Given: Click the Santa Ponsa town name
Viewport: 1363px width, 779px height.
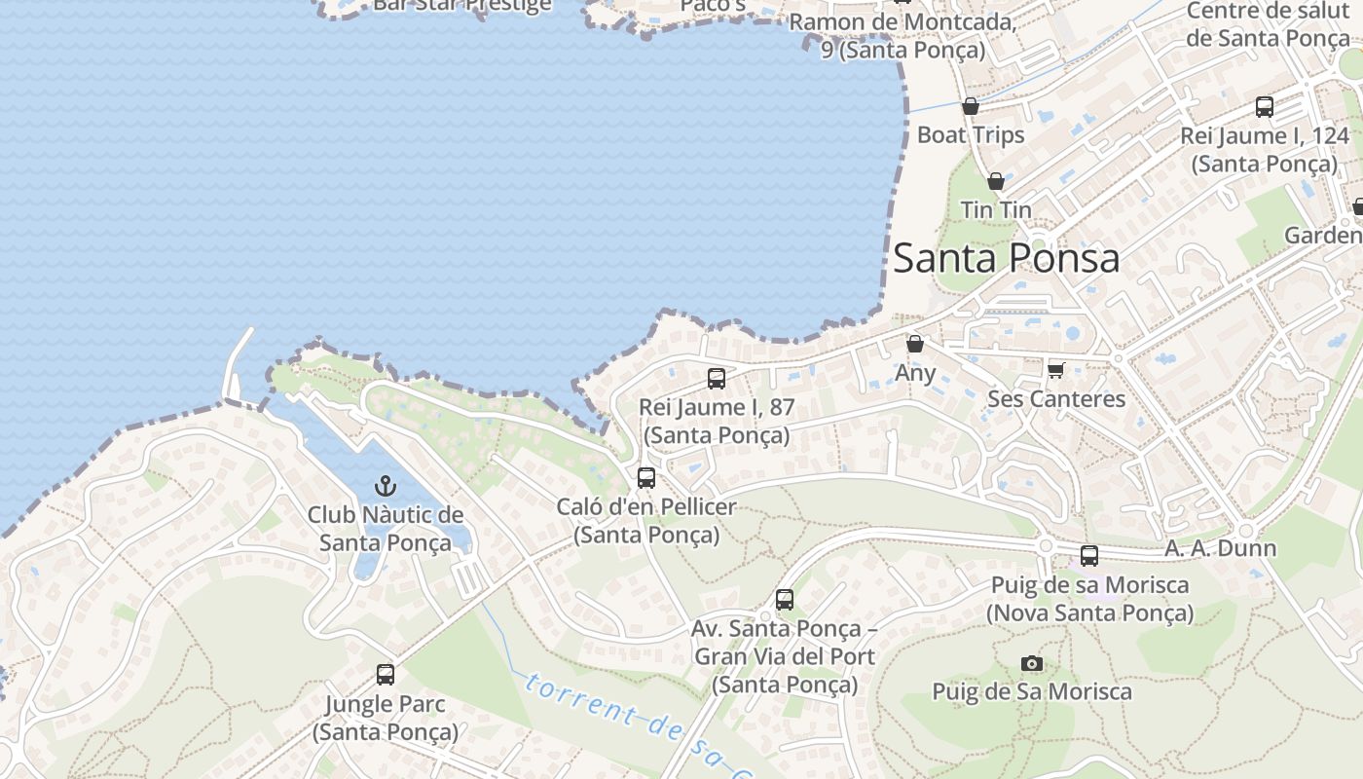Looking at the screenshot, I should [1006, 258].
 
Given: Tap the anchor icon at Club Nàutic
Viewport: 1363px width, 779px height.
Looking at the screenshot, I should [386, 485].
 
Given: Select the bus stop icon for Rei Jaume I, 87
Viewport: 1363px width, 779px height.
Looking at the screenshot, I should [717, 379].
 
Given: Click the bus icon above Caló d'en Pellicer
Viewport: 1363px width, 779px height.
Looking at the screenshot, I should [645, 478].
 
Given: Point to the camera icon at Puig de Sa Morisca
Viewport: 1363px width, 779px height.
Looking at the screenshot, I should [1032, 664].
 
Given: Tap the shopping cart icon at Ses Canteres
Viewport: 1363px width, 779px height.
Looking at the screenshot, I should [1055, 370].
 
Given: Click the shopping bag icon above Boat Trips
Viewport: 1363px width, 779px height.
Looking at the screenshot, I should [970, 106].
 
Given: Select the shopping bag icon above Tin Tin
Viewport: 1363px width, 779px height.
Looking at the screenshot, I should [995, 181].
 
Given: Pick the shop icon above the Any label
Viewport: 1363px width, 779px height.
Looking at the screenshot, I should [914, 344].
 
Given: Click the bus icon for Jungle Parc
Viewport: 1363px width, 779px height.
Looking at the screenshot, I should [386, 674].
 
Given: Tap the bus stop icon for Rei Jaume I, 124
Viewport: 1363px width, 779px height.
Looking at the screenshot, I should [1264, 107].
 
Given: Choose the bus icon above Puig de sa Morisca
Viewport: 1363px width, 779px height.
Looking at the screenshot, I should [1088, 556].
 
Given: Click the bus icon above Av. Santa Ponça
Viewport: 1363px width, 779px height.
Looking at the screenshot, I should [784, 600].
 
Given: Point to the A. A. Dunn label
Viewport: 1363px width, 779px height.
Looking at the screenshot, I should [1220, 548].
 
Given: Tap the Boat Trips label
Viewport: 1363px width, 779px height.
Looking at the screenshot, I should [971, 134].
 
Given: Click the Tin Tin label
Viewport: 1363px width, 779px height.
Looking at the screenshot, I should [995, 209].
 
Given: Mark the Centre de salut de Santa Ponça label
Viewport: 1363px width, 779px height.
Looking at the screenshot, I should [1269, 24].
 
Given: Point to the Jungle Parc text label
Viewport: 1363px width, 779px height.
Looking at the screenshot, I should [386, 717].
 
